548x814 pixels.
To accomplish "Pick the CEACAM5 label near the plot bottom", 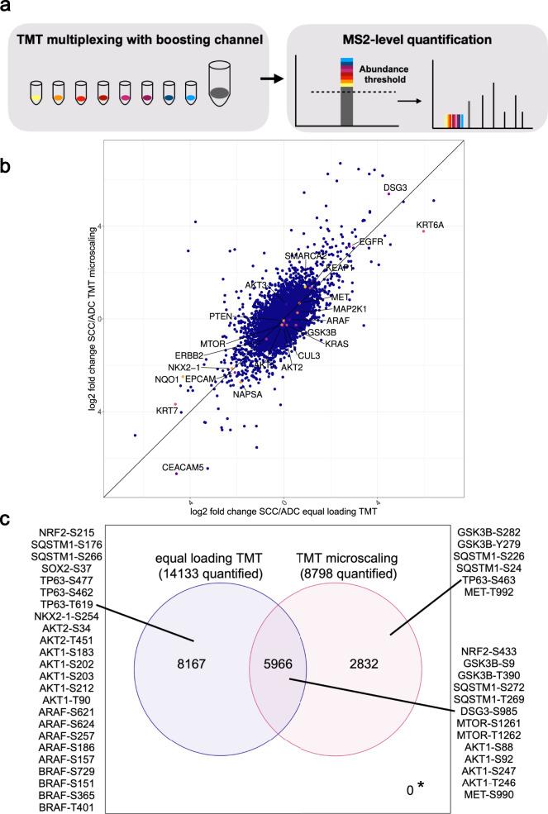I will pos(182,468).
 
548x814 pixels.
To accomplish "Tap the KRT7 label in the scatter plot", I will pos(167,410).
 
